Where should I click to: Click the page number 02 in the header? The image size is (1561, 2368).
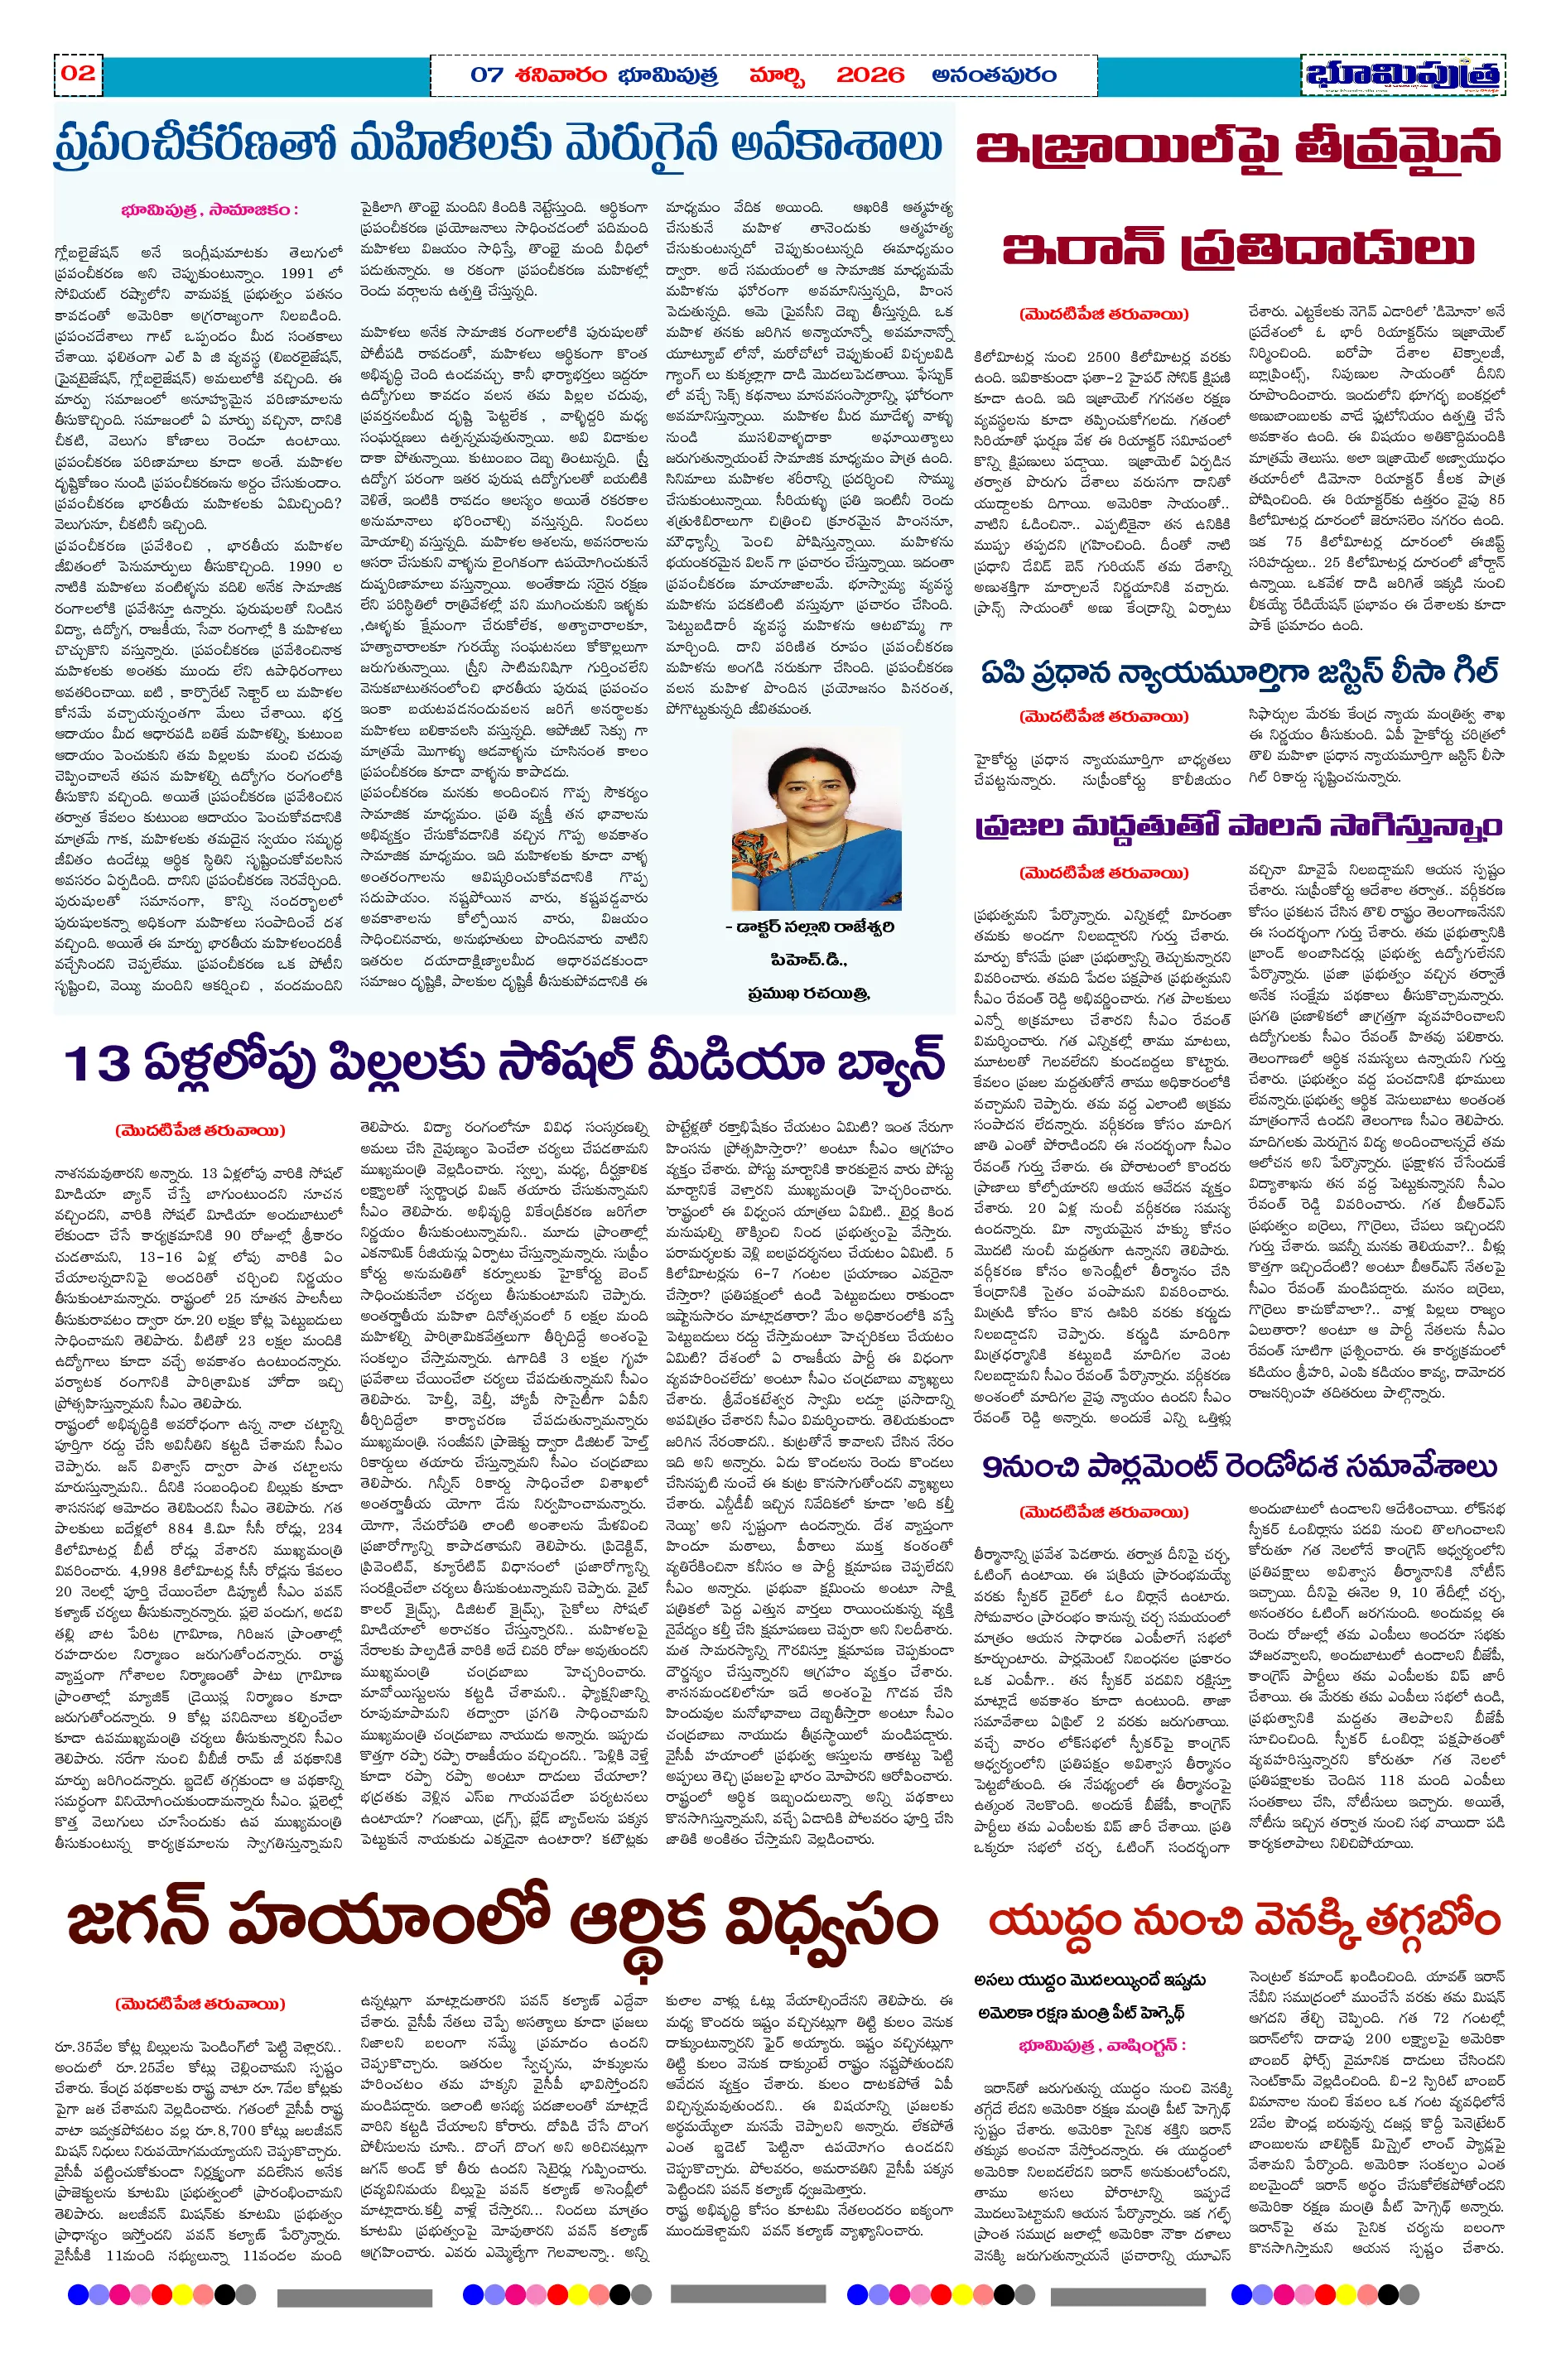click(78, 73)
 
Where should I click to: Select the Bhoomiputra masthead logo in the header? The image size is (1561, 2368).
click(1402, 75)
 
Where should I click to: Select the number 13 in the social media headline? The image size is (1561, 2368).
click(97, 1063)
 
